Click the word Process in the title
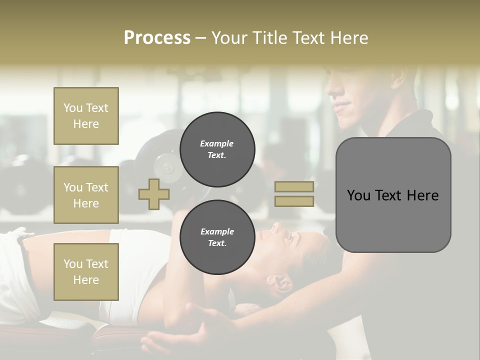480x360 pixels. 157,38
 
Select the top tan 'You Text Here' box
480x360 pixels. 86,116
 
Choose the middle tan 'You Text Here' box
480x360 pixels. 86,195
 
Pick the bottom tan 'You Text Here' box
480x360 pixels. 86,272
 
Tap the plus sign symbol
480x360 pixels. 154,194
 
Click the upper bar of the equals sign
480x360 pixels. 294,186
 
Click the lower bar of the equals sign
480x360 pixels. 294,201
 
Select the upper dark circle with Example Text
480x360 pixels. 217,149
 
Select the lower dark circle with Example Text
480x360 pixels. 217,237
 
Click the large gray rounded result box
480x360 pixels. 393,195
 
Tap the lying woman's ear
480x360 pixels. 283,282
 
